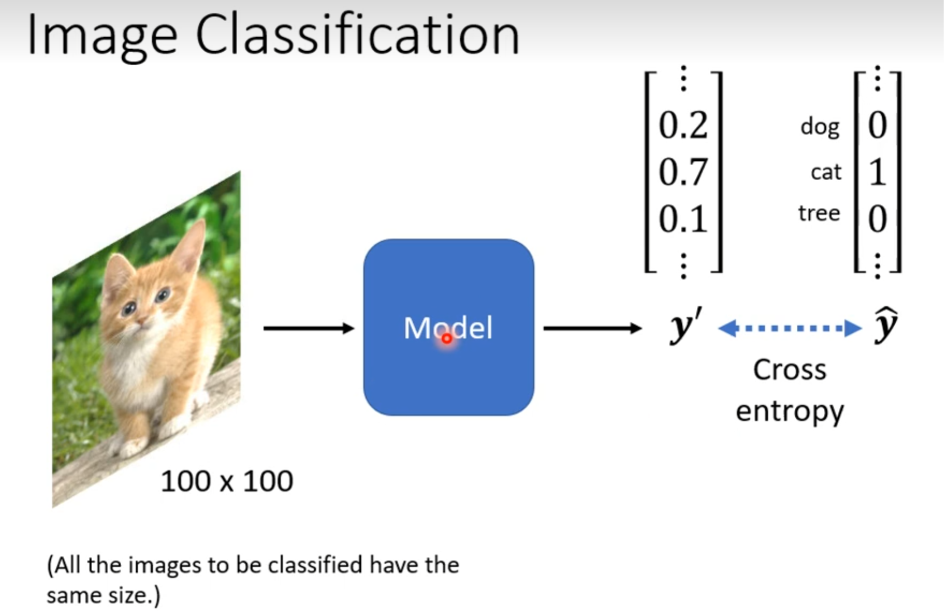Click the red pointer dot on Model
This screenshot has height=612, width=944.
pyautogui.click(x=447, y=339)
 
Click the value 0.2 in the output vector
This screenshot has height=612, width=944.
pyautogui.click(x=683, y=125)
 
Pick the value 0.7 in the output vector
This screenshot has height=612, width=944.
pyautogui.click(x=683, y=172)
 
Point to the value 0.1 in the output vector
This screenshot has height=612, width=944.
pyautogui.click(x=683, y=219)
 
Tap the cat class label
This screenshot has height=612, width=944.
pyautogui.click(x=826, y=172)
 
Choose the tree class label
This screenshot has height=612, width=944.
pyautogui.click(x=819, y=213)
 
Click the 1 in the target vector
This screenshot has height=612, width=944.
pyautogui.click(x=877, y=172)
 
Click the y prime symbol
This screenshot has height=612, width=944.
pyautogui.click(x=685, y=326)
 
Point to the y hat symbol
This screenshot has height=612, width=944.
pyautogui.click(x=886, y=326)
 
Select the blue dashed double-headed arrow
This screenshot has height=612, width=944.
pyautogui.click(x=789, y=328)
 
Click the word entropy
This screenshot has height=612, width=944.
pyautogui.click(x=789, y=412)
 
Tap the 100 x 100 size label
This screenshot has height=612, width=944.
pyautogui.click(x=226, y=481)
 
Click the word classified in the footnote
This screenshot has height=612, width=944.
pyautogui.click(x=314, y=565)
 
